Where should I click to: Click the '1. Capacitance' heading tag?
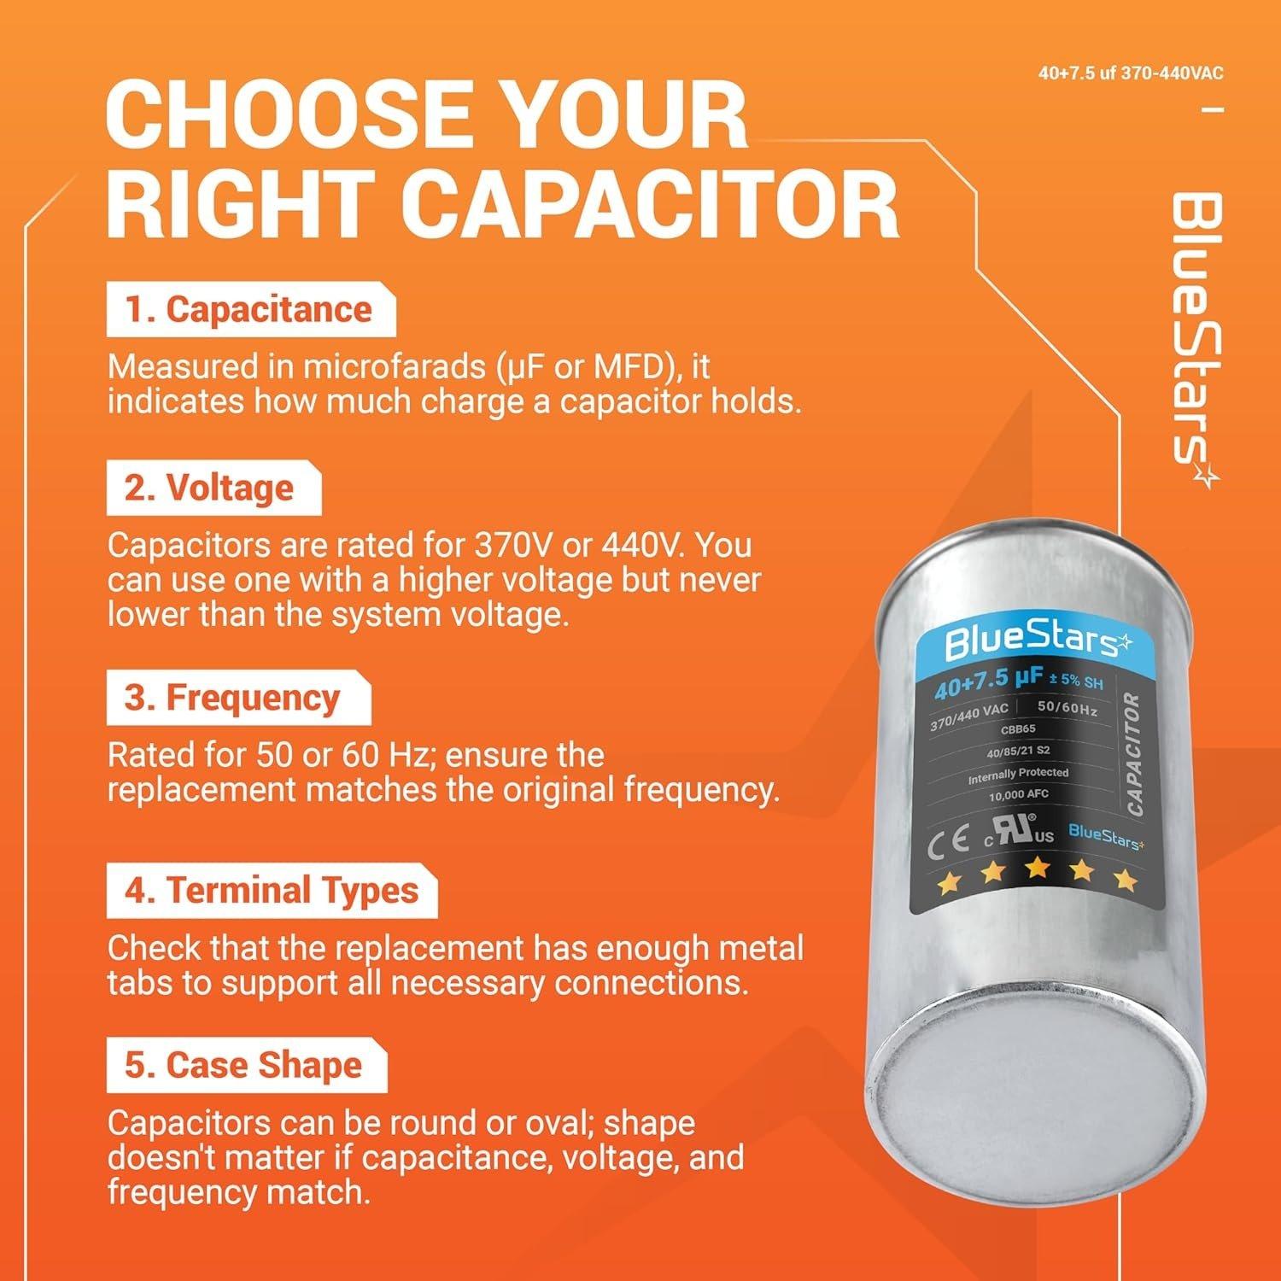[249, 310]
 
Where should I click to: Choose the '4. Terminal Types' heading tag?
[272, 891]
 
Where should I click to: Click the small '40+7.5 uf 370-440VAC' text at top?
[1131, 73]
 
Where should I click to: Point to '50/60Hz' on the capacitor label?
[1067, 708]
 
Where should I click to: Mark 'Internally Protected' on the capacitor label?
[1018, 775]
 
